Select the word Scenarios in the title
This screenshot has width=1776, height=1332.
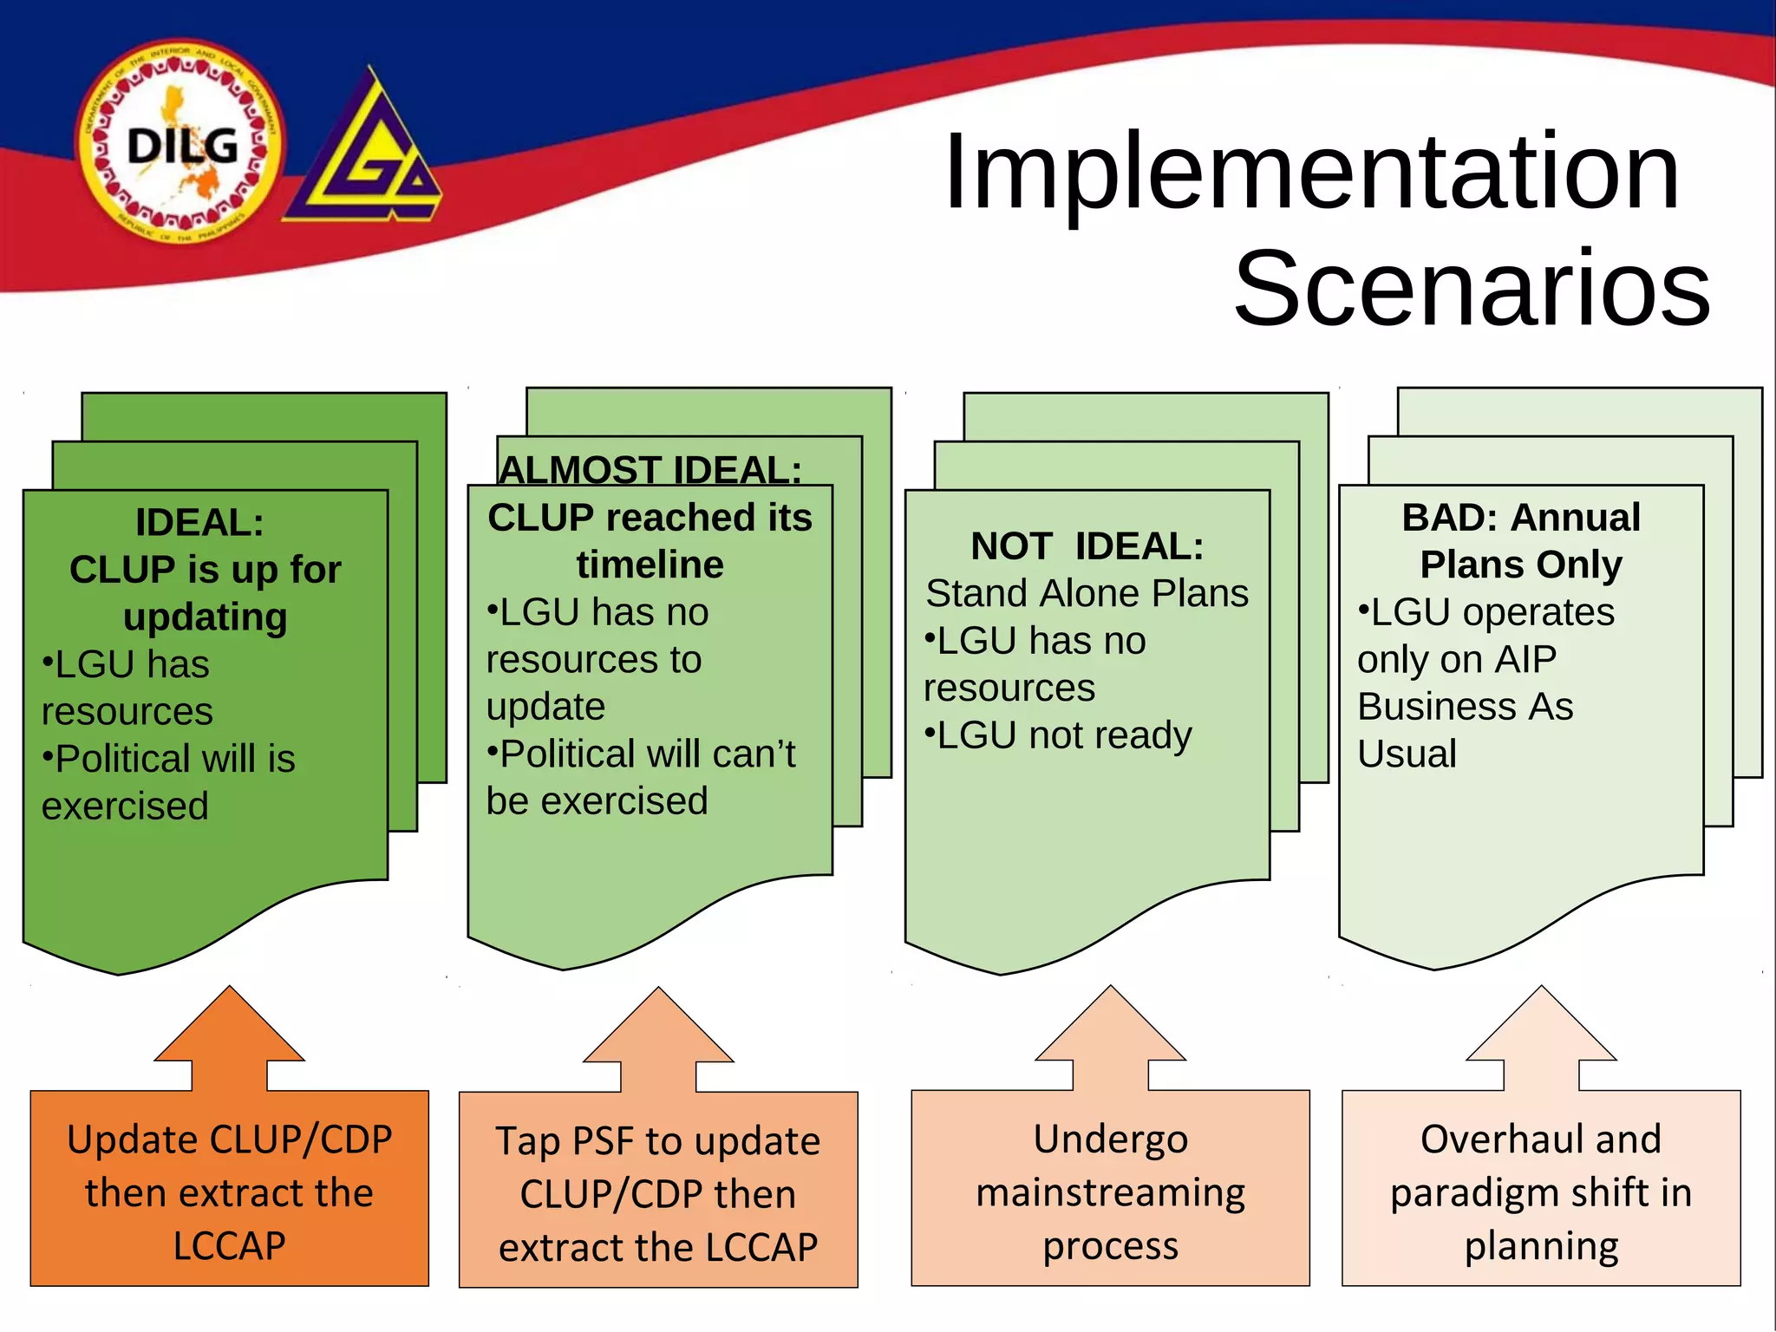pyautogui.click(x=1472, y=288)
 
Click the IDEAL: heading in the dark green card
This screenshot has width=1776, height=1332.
pyautogui.click(x=199, y=523)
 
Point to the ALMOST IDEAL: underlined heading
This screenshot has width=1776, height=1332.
pyautogui.click(x=650, y=470)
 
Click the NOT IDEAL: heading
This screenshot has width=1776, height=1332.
pyautogui.click(x=1087, y=546)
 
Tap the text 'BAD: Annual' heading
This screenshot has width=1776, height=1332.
pyautogui.click(x=1521, y=518)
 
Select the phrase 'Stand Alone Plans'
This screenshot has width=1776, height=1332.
pyautogui.click(x=1087, y=594)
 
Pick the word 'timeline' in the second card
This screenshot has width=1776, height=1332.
pyautogui.click(x=650, y=565)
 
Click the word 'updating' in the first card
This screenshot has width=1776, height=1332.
pyautogui.click(x=205, y=617)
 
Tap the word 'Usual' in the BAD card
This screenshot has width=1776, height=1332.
pyautogui.click(x=1407, y=754)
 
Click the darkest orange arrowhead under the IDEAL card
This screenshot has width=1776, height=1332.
pyautogui.click(x=230, y=1032)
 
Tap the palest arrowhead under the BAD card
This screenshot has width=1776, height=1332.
pyautogui.click(x=1541, y=1032)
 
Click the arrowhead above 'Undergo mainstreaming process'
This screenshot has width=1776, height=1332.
pyautogui.click(x=1110, y=1032)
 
